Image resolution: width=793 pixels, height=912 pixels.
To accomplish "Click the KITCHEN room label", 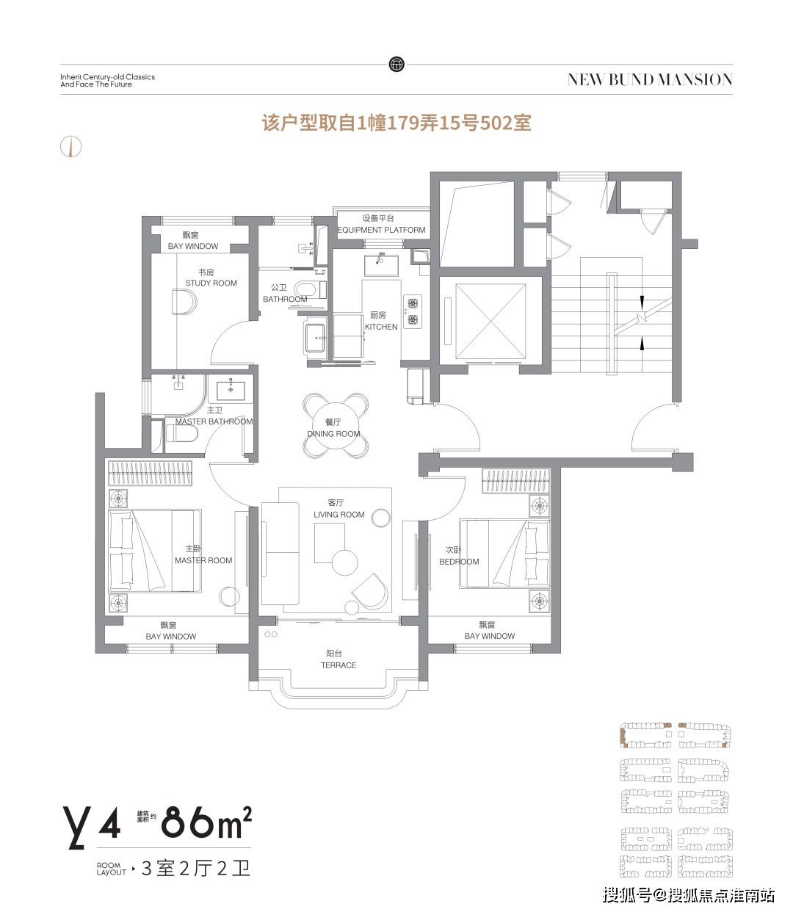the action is click(380, 327).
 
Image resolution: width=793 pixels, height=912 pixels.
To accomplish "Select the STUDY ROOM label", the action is click(211, 283).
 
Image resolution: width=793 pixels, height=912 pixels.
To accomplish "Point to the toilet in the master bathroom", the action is click(182, 433).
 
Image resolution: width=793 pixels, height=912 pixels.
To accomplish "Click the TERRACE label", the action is click(338, 665).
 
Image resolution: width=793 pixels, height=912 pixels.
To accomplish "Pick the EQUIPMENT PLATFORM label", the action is click(382, 230).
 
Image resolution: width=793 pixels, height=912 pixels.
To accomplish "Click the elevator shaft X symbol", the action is click(490, 321).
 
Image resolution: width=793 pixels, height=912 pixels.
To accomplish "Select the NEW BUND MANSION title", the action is click(650, 80).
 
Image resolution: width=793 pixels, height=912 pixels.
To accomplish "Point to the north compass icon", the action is click(71, 146).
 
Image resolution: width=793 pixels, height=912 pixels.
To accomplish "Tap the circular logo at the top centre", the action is click(396, 64).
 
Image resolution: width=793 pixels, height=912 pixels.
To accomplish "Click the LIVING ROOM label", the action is click(338, 515).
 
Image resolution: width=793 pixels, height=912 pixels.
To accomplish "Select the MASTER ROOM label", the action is click(203, 560).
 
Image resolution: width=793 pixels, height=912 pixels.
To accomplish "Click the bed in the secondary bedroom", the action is click(504, 553).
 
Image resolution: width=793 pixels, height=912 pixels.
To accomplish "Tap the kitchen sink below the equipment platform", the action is click(382, 266).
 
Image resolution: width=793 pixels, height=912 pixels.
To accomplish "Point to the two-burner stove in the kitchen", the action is click(413, 311).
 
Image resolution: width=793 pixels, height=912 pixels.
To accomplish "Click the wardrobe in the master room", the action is click(151, 474).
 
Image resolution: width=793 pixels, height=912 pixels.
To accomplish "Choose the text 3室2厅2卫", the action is click(196, 868).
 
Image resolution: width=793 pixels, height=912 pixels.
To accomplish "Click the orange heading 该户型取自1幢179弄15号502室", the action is click(396, 123).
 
